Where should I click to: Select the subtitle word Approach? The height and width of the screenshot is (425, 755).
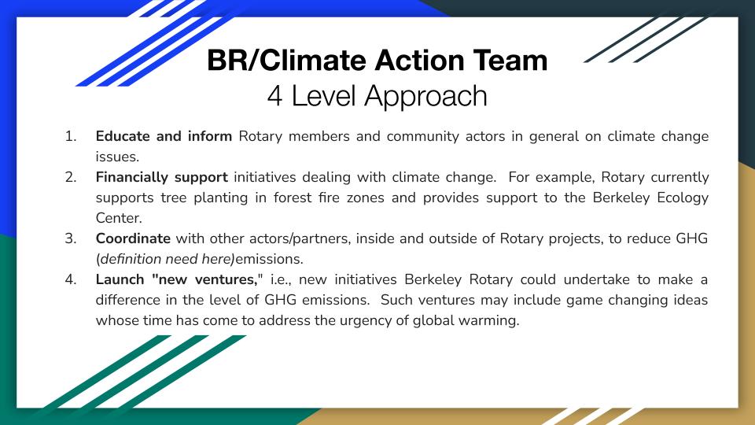point(425,96)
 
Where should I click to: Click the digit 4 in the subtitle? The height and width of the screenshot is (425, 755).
point(274,95)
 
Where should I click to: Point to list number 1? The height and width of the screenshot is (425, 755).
point(70,136)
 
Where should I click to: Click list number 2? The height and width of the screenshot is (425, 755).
point(70,177)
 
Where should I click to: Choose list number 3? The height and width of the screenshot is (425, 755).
point(70,238)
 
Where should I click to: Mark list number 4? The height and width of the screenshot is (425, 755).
point(70,279)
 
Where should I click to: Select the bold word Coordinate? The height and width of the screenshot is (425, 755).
point(133,238)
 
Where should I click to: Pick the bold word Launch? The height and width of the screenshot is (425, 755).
point(119,279)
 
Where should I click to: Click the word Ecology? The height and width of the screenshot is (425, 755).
point(683,198)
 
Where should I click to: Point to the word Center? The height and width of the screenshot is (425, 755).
point(119,218)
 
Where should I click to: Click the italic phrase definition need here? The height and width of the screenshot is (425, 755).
point(166,259)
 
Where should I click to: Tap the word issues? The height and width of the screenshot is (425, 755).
point(117,157)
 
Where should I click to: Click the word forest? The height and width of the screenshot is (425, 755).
point(293,198)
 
